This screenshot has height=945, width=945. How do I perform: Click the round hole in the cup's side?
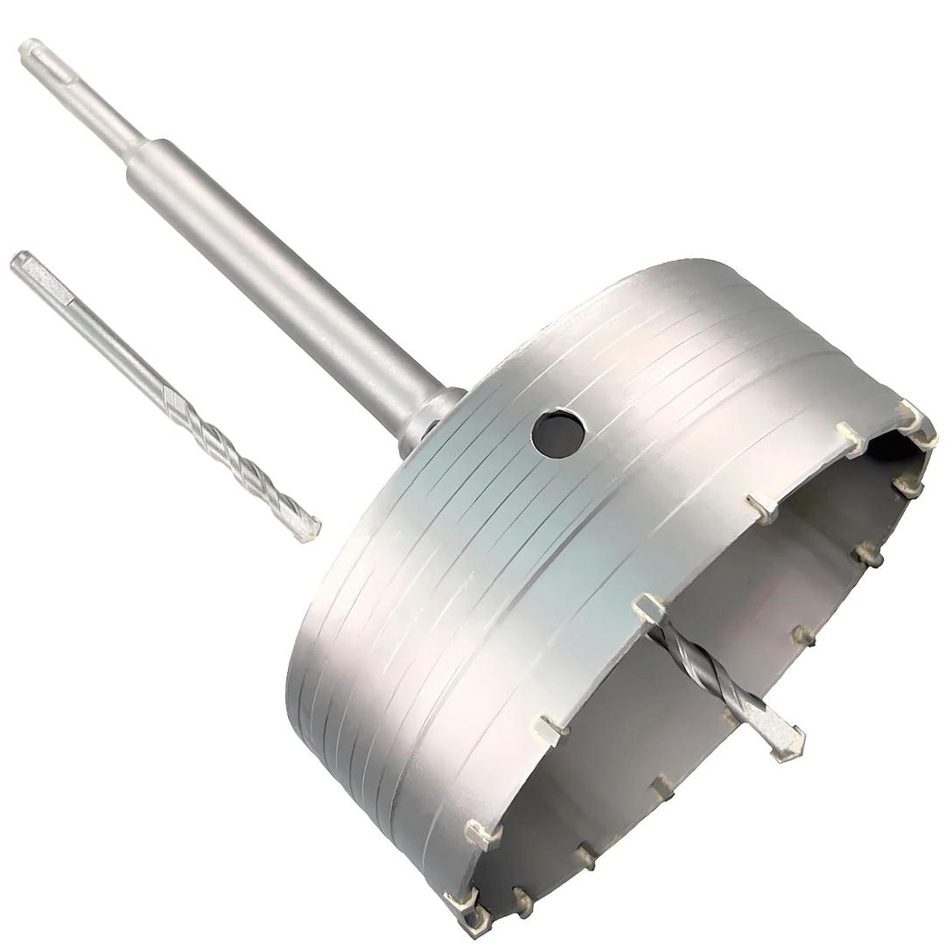pos(557,434)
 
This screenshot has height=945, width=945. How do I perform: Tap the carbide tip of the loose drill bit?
pos(307,528)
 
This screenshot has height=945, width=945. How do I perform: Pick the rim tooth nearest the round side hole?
pos(761,506)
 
